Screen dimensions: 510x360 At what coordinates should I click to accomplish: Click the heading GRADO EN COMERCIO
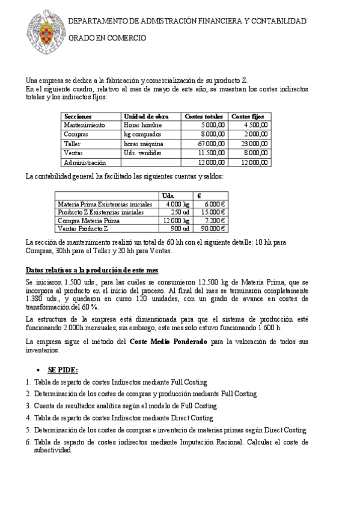pyautogui.click(x=106, y=38)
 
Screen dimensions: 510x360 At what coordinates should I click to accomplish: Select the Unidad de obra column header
pyautogui.click(x=145, y=116)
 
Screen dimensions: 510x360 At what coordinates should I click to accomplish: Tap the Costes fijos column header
pyautogui.click(x=248, y=116)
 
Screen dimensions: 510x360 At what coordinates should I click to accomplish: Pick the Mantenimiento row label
pyautogui.click(x=84, y=125)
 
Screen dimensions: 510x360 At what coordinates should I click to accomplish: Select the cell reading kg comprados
pyautogui.click(x=142, y=135)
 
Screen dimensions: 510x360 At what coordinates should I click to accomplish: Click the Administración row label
pyautogui.click(x=85, y=162)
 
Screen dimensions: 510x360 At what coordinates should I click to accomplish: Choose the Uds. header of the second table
pyautogui.click(x=169, y=196)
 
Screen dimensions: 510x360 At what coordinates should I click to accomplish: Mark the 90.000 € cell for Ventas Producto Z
pyautogui.click(x=213, y=229)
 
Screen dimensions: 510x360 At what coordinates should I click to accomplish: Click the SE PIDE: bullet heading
pyautogui.click(x=63, y=369)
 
